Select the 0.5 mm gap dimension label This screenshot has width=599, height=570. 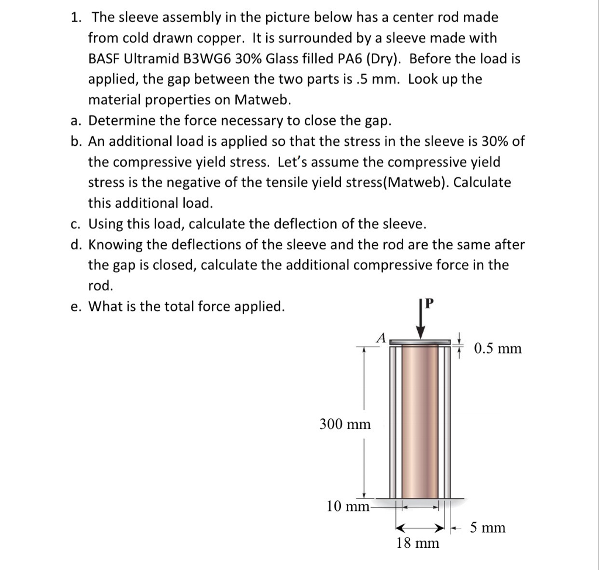497,349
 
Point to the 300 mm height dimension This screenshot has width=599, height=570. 345,424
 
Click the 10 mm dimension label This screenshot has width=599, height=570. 347,506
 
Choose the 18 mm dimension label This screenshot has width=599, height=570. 417,543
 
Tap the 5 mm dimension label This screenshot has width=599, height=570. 488,528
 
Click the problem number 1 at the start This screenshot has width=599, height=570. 75,18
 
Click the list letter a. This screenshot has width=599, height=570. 75,121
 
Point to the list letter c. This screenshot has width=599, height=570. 75,224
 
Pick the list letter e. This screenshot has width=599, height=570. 75,307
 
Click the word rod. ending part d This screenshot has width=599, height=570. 101,286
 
